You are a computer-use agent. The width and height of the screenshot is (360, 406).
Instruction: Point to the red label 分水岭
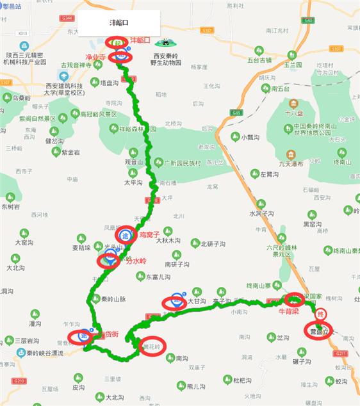coord(135,261)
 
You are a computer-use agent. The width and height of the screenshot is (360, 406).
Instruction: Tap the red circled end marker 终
coord(322,314)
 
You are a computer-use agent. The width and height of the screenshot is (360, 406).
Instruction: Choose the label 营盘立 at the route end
coord(318,331)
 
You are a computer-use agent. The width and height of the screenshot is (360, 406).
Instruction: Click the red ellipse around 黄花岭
coord(153,345)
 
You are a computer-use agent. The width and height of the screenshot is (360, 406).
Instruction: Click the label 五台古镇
coord(259,61)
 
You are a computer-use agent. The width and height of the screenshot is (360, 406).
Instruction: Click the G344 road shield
coord(64,22)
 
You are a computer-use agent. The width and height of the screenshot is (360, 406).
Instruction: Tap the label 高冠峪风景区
coord(99,115)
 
